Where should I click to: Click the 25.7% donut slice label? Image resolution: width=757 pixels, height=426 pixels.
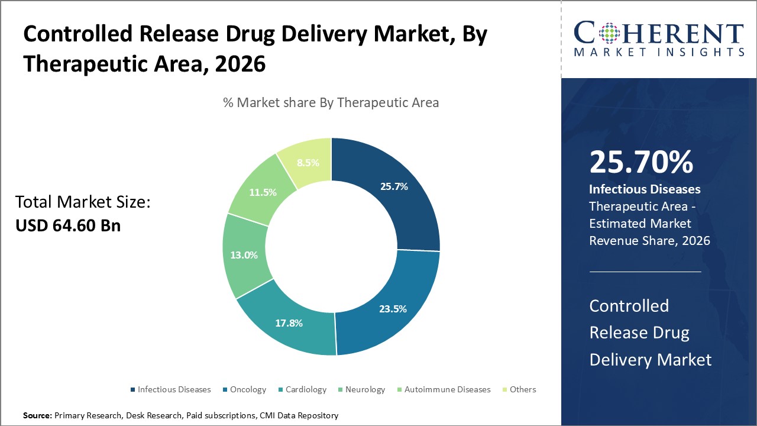click(x=393, y=186)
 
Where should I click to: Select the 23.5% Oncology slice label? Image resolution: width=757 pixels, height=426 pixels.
click(x=392, y=308)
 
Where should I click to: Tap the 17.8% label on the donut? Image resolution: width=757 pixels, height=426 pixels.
click(x=289, y=323)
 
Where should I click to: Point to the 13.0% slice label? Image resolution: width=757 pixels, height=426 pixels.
click(x=244, y=255)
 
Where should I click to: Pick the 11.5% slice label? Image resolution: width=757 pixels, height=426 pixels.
click(x=262, y=192)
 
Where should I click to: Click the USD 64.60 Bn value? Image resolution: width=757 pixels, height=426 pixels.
click(x=68, y=225)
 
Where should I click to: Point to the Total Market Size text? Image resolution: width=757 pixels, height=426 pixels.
click(x=83, y=202)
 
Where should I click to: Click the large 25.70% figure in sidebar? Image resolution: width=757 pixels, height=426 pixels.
click(x=641, y=162)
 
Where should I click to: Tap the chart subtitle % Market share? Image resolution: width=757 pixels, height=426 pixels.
click(x=331, y=102)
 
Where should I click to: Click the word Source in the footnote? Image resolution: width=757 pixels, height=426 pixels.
click(x=37, y=416)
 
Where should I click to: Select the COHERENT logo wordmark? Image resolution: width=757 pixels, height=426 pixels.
click(x=659, y=33)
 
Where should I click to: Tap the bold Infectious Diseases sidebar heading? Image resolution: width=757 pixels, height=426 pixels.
click(x=645, y=189)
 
